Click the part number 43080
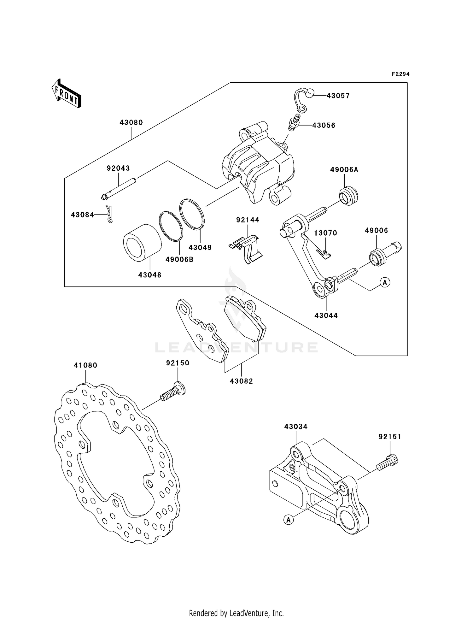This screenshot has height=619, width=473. coord(131,122)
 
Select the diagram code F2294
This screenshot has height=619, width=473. coord(400,74)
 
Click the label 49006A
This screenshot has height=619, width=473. coord(344,170)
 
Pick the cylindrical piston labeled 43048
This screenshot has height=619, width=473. coord(142,243)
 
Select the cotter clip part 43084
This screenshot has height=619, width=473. coord(109,214)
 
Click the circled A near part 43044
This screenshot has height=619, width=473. coord(385,282)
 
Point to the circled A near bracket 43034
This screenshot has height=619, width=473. coord(289,519)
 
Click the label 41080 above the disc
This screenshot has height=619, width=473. coord(85,365)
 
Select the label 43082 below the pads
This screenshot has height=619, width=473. coord(241,381)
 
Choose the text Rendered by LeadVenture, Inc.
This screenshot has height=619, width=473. coord(236,613)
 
